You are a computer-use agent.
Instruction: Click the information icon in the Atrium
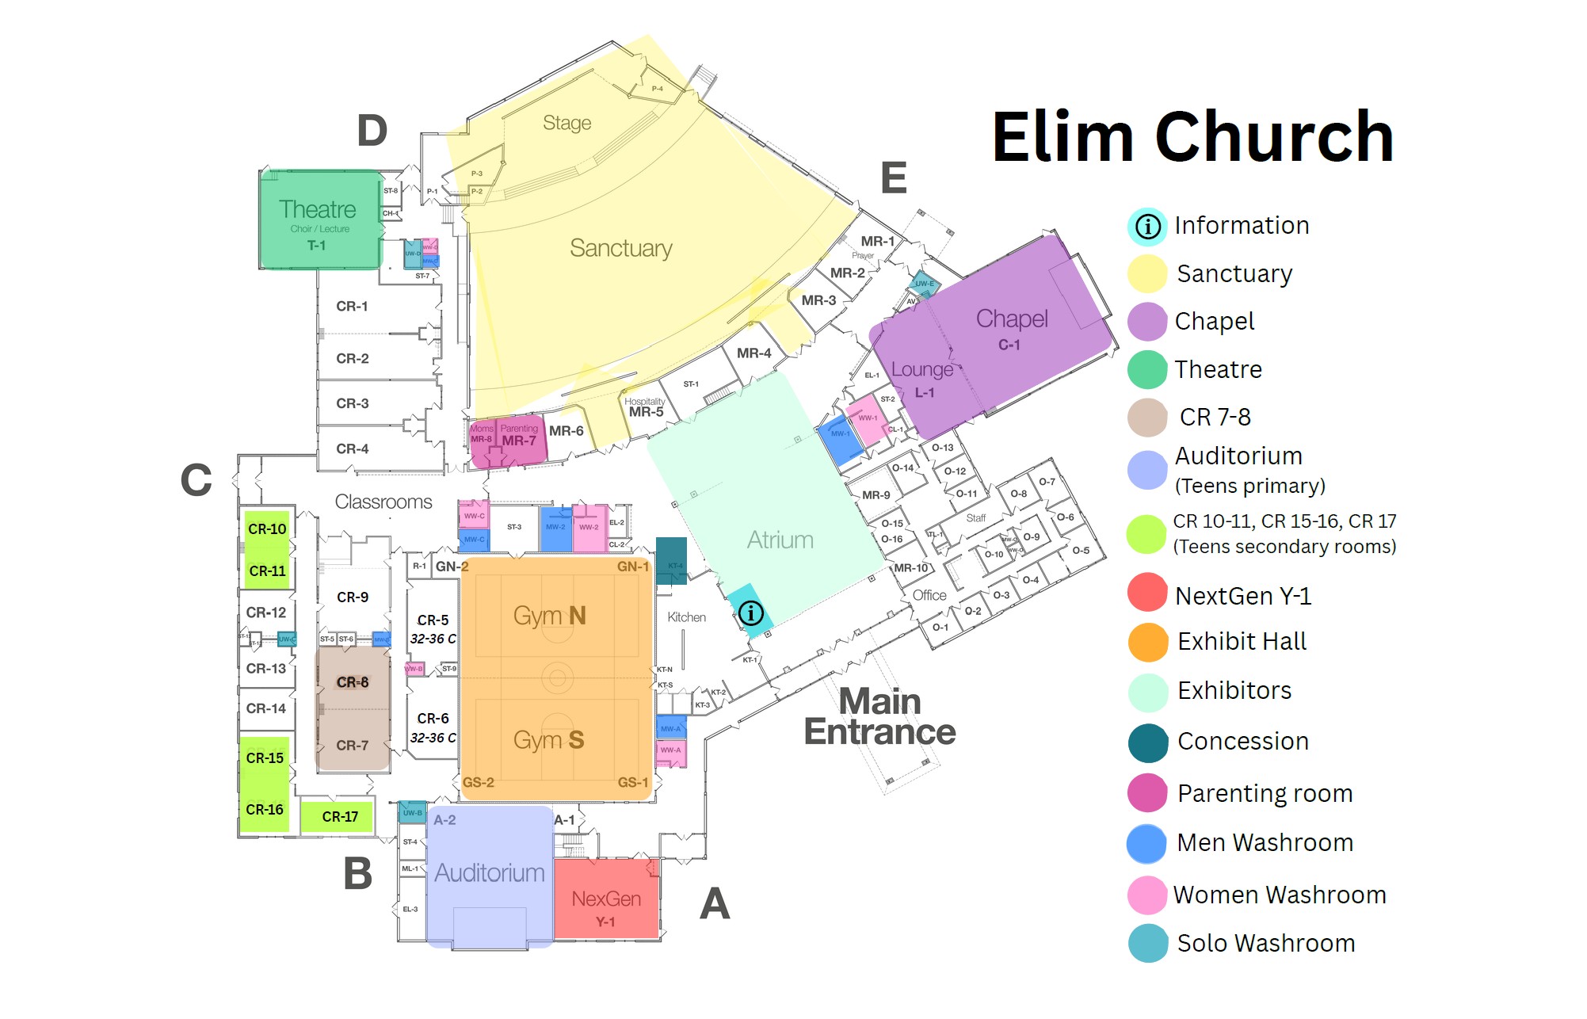tap(750, 612)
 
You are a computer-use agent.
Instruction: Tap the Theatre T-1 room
tap(319, 220)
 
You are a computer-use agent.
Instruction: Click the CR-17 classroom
tap(340, 816)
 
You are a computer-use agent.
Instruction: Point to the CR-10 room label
tap(267, 529)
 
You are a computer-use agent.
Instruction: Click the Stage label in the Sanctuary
tap(567, 123)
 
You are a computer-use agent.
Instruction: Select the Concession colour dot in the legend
tap(1147, 742)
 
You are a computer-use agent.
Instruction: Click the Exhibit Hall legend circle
tap(1147, 642)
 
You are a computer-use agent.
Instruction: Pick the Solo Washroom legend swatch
tap(1147, 943)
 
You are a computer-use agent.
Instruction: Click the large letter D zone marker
tap(372, 131)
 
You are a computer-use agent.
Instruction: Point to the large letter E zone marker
tap(894, 177)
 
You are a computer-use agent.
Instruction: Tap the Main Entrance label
tap(879, 717)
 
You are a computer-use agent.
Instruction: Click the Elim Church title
tap(1192, 137)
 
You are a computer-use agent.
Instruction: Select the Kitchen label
tap(686, 617)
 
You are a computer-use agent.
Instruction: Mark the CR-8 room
tap(353, 682)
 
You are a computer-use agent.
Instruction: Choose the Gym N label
tap(549, 616)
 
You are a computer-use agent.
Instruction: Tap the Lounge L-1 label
tap(922, 378)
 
